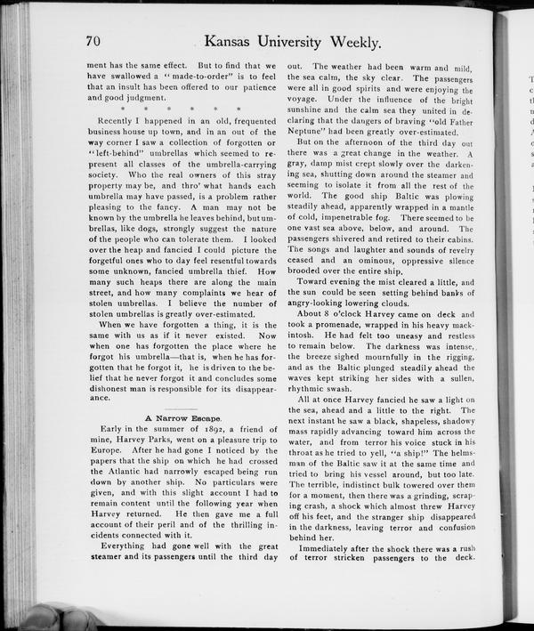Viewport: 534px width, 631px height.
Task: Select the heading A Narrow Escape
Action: click(x=183, y=417)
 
